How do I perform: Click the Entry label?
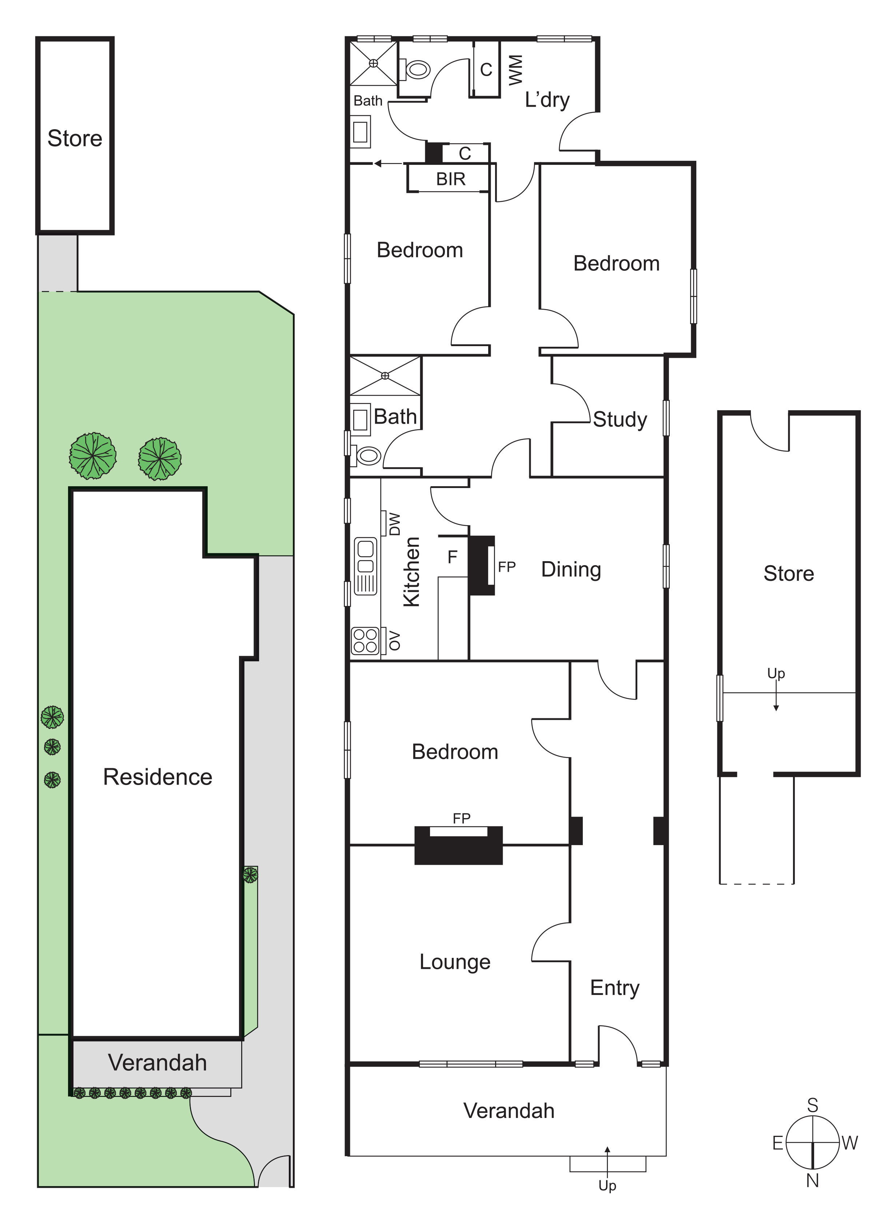[x=614, y=988]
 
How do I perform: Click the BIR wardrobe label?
[x=451, y=179]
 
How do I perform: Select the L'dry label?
[x=547, y=100]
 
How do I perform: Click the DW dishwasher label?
[x=395, y=524]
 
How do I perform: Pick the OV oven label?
[x=395, y=641]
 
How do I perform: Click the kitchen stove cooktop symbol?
[x=365, y=640]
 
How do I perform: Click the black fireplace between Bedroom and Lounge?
[x=458, y=845]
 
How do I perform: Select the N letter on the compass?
[x=812, y=1180]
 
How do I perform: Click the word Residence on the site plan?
[x=158, y=777]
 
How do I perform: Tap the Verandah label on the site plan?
[x=158, y=1062]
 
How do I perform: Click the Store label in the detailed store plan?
[x=789, y=574]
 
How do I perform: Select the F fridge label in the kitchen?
[x=452, y=556]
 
